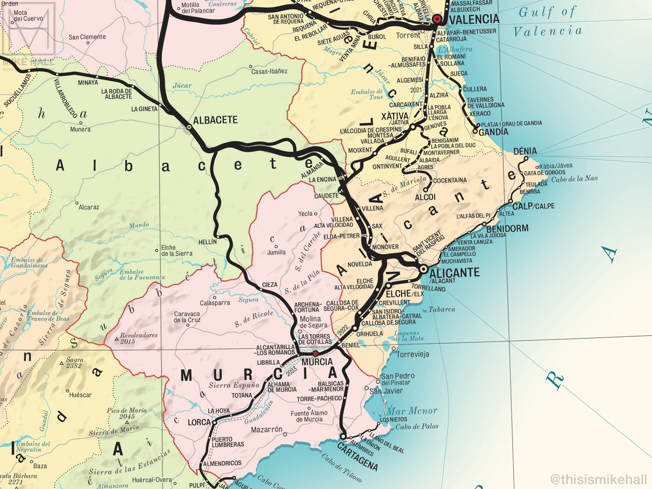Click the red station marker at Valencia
(x=437, y=19)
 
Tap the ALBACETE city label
(x=215, y=120)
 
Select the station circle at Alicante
(x=423, y=269)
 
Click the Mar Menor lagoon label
(x=412, y=411)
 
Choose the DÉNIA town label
(x=525, y=151)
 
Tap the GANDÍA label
(x=494, y=132)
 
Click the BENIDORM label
(x=507, y=228)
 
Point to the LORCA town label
(x=199, y=422)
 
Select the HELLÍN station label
(x=208, y=242)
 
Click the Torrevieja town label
(x=412, y=354)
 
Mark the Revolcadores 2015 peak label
(x=139, y=338)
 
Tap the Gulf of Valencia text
(x=547, y=21)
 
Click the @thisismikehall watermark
(x=599, y=479)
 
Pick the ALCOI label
(x=425, y=197)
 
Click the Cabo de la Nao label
(x=574, y=178)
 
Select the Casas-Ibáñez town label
(x=269, y=71)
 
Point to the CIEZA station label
(x=270, y=285)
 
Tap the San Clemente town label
(x=87, y=37)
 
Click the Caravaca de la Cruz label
(x=187, y=316)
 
